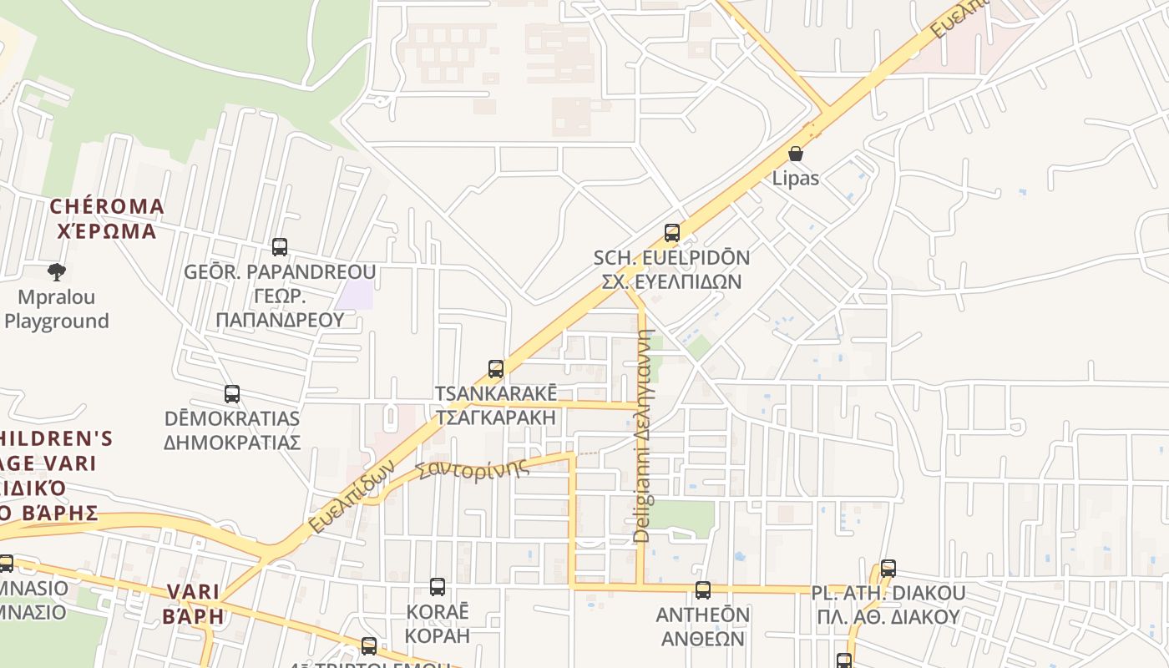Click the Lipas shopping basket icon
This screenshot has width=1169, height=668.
pyautogui.click(x=796, y=154)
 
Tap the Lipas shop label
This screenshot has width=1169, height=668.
pyautogui.click(x=795, y=178)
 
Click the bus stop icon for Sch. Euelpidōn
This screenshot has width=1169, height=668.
pyautogui.click(x=672, y=233)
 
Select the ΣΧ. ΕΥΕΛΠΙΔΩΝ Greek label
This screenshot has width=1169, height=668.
pyautogui.click(x=671, y=281)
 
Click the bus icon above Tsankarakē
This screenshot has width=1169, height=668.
pyautogui.click(x=496, y=369)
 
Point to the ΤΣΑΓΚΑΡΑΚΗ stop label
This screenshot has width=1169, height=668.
pyautogui.click(x=495, y=417)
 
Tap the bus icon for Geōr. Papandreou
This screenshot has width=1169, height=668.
pyautogui.click(x=280, y=247)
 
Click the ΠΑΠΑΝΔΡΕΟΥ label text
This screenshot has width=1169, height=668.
pyautogui.click(x=280, y=320)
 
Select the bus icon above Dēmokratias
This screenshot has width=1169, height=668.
pyautogui.click(x=232, y=394)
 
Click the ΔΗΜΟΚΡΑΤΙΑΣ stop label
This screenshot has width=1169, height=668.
pyautogui.click(x=231, y=442)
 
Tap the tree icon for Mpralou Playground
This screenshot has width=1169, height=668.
pyautogui.click(x=57, y=271)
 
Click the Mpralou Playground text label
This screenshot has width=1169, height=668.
pyautogui.click(x=57, y=309)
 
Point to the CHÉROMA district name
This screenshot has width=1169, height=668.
pyautogui.click(x=107, y=206)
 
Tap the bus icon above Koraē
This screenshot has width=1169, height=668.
pyautogui.click(x=438, y=587)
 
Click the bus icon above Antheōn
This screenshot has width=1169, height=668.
pyautogui.click(x=703, y=590)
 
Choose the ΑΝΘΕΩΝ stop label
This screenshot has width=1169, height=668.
pyautogui.click(x=702, y=638)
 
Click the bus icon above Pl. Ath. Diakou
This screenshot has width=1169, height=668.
pyautogui.click(x=888, y=569)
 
